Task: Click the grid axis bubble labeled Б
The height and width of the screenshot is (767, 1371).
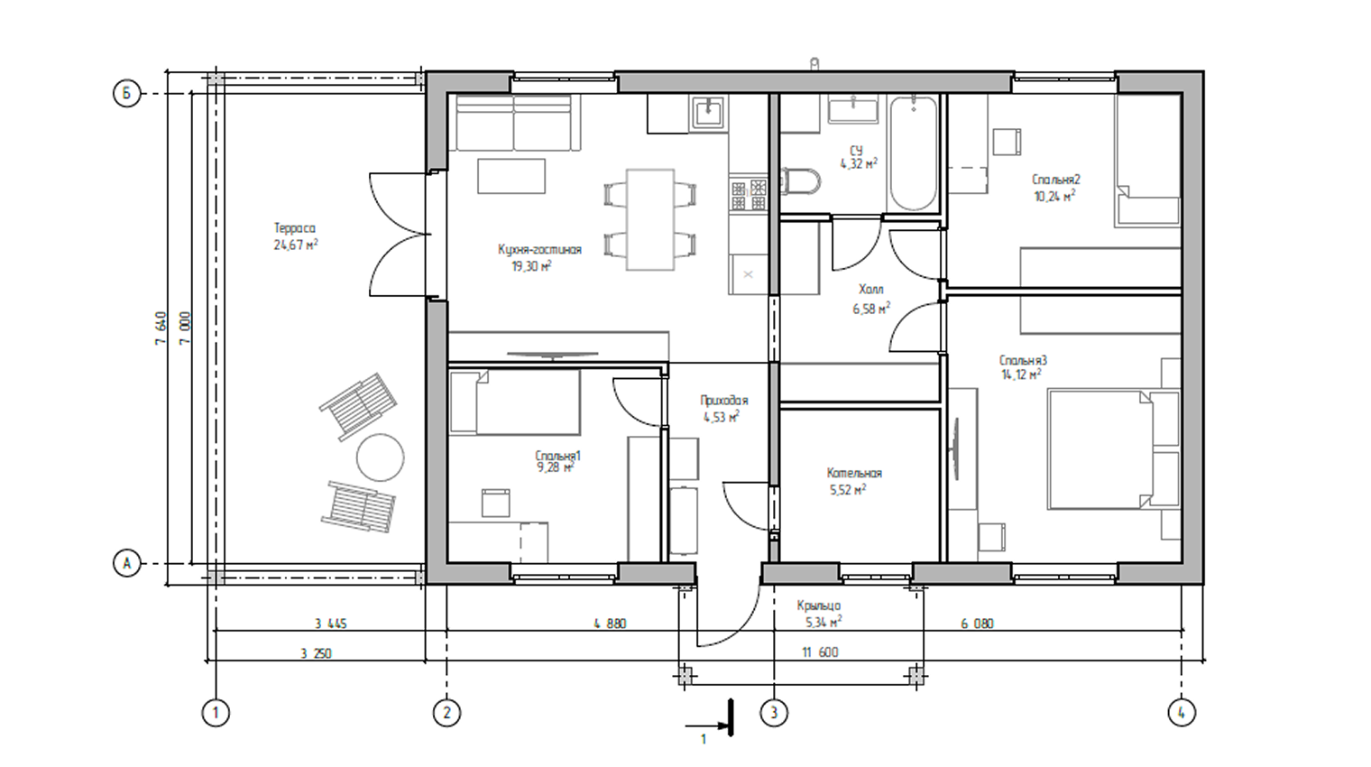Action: pyautogui.click(x=126, y=94)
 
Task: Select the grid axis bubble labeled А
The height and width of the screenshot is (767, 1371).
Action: pyautogui.click(x=126, y=563)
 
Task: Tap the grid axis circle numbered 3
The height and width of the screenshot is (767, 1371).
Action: pyautogui.click(x=774, y=713)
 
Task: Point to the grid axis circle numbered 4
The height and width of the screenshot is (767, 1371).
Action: pyautogui.click(x=1182, y=713)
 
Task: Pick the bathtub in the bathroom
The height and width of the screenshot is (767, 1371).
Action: pyautogui.click(x=913, y=154)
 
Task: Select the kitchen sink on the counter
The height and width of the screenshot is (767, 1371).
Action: pyautogui.click(x=708, y=114)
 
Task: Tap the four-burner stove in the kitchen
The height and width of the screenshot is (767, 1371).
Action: pyautogui.click(x=749, y=194)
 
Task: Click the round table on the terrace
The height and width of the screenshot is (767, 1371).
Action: pyautogui.click(x=380, y=457)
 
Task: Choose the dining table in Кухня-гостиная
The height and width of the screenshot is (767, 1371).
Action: pyautogui.click(x=650, y=220)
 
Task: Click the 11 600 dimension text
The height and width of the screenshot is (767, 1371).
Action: pyautogui.click(x=820, y=652)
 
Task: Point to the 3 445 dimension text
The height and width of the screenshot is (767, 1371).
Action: pyautogui.click(x=330, y=624)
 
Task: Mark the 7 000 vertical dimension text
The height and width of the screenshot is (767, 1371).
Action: pyautogui.click(x=185, y=328)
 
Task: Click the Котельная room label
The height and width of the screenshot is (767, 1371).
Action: pyautogui.click(x=854, y=473)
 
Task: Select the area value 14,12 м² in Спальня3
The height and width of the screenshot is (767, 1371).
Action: pyautogui.click(x=1021, y=374)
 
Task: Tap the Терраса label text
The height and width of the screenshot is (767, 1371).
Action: pyautogui.click(x=295, y=228)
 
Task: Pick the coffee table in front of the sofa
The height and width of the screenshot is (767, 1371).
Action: pyautogui.click(x=511, y=176)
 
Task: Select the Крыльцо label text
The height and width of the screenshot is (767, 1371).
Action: pyautogui.click(x=818, y=605)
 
